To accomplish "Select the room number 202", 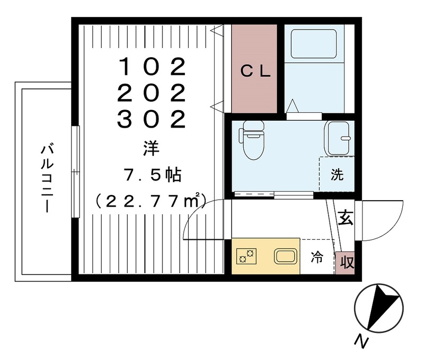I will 152,94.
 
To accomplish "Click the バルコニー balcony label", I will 47,178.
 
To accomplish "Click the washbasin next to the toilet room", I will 337,138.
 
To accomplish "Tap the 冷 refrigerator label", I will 317,258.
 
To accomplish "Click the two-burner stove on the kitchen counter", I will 246,257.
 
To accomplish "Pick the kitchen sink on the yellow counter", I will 285,257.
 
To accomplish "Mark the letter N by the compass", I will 363,342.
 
